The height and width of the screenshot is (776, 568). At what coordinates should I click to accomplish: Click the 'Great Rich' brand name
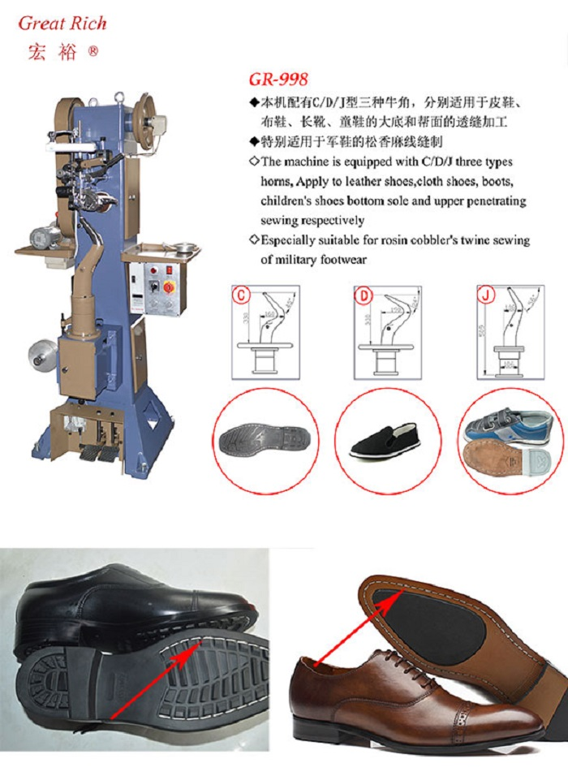coord(62,23)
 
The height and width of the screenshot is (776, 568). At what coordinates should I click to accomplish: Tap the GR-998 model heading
coord(278,80)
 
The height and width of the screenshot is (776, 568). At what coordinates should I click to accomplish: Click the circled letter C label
coord(240,295)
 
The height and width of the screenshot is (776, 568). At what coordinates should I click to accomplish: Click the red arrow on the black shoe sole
coord(153,677)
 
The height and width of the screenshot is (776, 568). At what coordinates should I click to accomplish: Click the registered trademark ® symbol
coord(93,51)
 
